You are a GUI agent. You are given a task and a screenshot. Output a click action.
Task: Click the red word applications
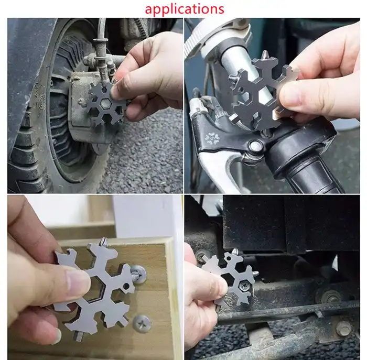point(184,9)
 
